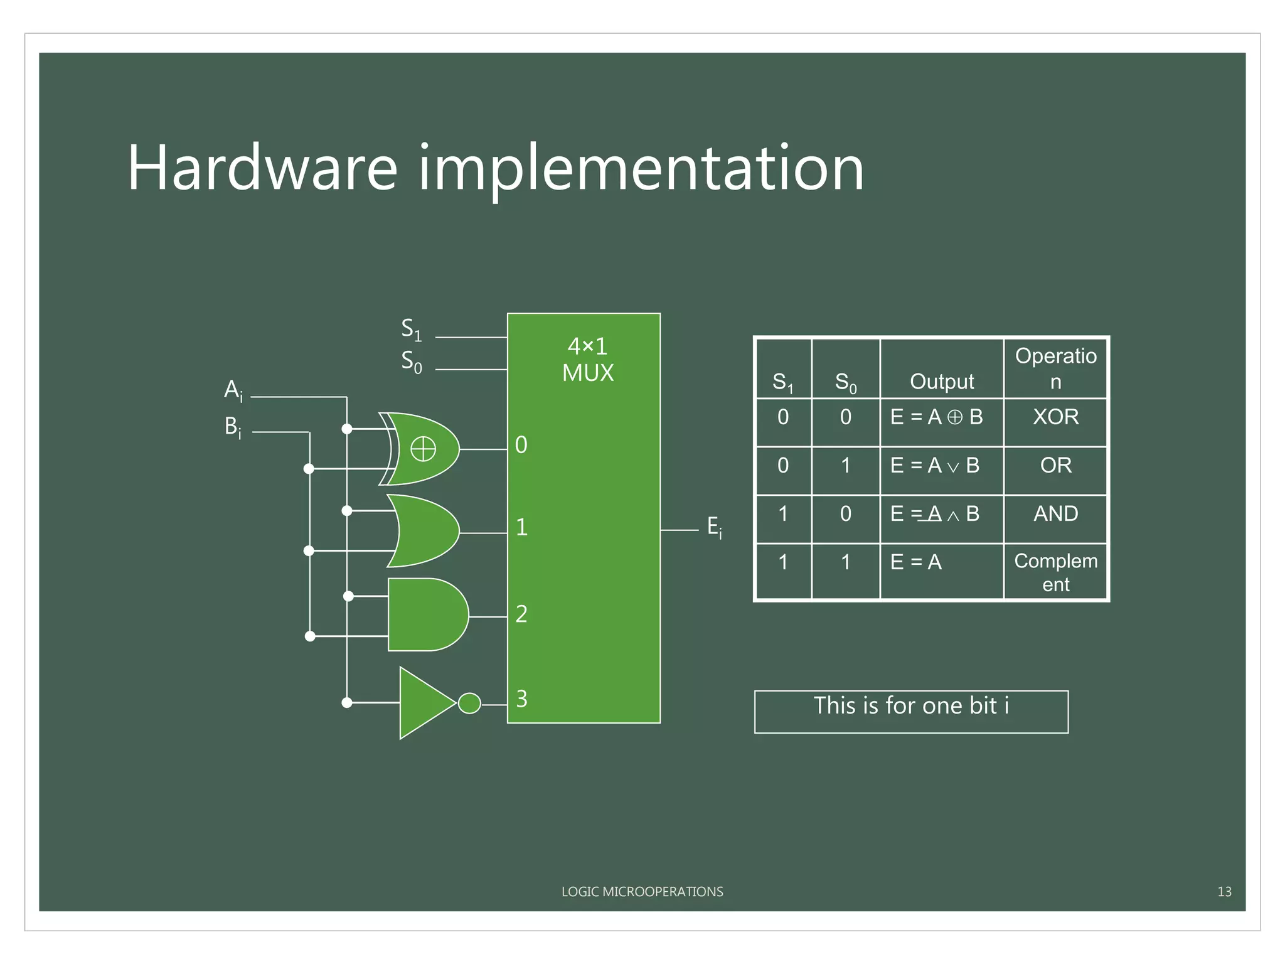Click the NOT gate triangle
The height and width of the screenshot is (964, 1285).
point(425,703)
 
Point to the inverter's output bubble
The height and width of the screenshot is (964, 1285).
point(469,703)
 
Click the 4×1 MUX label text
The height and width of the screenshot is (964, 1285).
point(587,360)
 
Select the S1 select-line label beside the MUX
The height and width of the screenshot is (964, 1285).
point(412,329)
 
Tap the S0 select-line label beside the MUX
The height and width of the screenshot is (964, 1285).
point(412,361)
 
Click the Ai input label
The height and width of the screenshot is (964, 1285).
point(233,390)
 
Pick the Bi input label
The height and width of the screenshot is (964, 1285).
point(233,427)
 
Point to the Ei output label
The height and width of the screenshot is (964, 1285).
point(714,527)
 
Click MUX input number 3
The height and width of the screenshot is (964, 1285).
point(521,699)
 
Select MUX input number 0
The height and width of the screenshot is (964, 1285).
point(521,445)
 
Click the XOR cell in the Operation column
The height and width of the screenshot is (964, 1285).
point(1055,417)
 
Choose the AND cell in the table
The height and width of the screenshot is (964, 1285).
point(1055,514)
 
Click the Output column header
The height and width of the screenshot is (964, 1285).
point(941,381)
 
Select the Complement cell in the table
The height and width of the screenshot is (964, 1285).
point(1055,572)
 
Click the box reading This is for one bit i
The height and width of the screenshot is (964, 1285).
point(911,710)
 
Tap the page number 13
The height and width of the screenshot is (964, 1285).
point(1224,892)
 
